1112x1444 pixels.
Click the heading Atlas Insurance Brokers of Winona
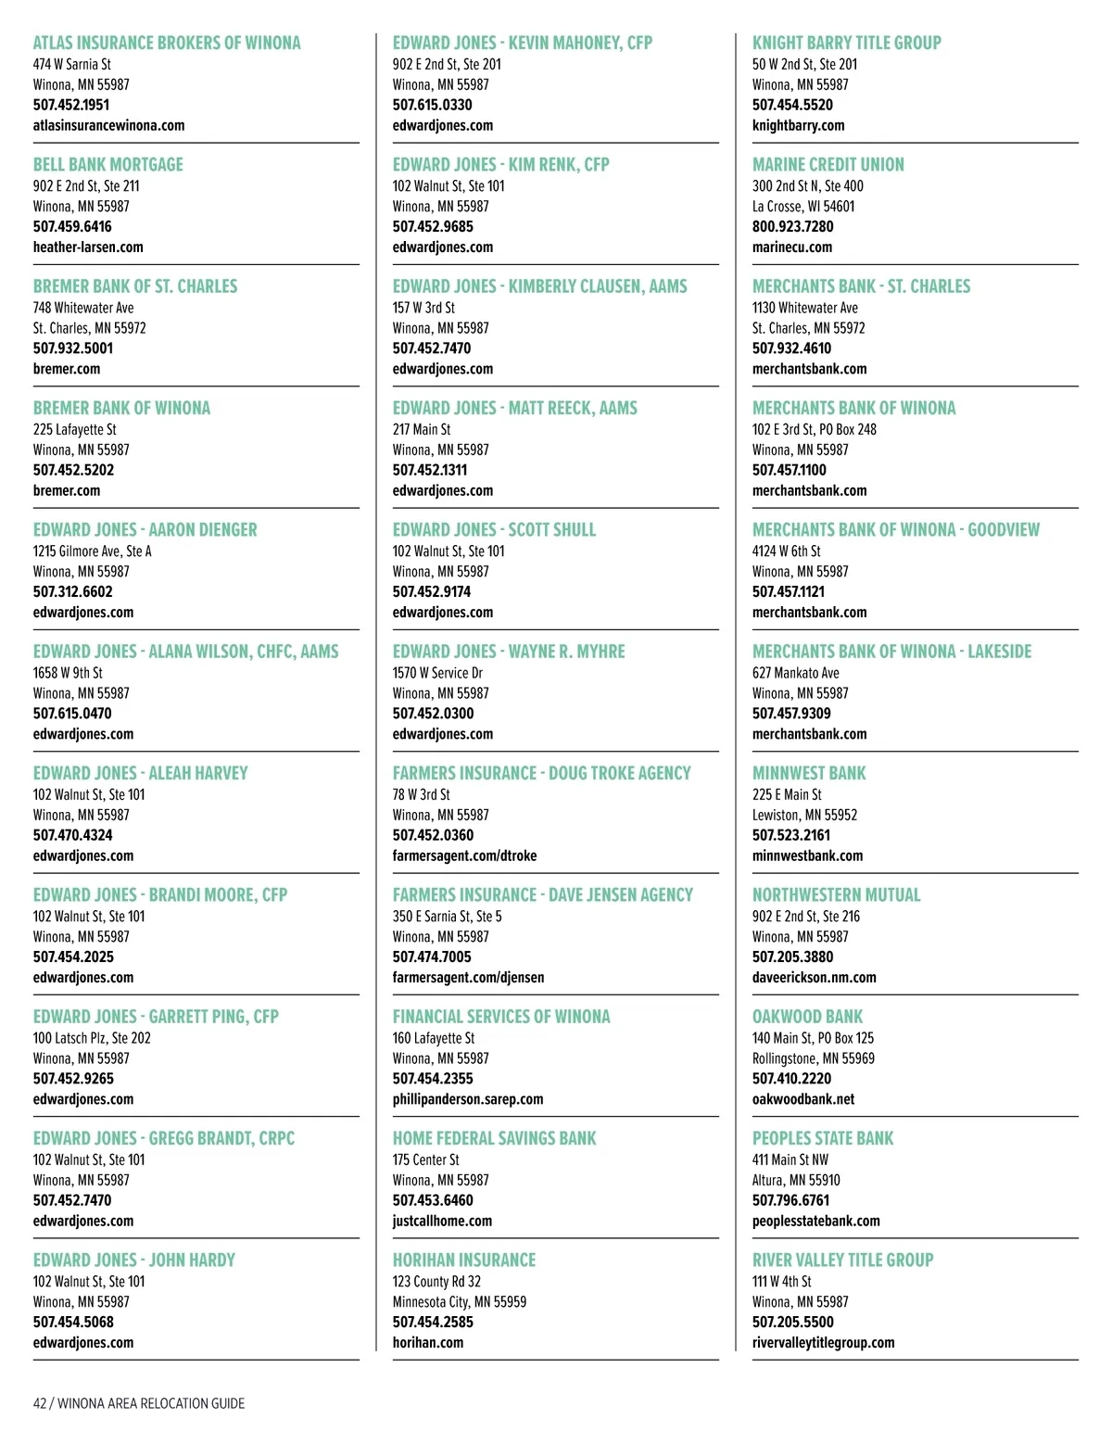tap(167, 43)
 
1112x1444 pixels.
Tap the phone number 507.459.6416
tap(72, 226)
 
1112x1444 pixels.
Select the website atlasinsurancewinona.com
tap(108, 125)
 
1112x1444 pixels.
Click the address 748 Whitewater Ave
tap(83, 308)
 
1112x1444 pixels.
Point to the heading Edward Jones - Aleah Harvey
tap(141, 773)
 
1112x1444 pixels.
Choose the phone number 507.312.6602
tap(72, 591)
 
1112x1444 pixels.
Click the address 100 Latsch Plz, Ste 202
tap(92, 1038)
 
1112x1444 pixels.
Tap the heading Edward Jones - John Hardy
tap(134, 1260)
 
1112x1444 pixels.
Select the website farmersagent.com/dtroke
tap(464, 855)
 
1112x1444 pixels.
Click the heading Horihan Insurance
tap(464, 1260)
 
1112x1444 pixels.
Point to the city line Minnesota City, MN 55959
tap(459, 1301)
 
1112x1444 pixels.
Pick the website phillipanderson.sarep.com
tap(468, 1099)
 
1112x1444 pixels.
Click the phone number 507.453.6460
tap(433, 1200)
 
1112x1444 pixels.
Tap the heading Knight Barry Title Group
tap(846, 43)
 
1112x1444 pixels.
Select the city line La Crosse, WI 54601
tap(803, 206)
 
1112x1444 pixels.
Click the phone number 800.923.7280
tap(792, 226)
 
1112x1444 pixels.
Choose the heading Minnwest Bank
tap(809, 773)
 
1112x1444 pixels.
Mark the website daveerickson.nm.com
tap(814, 977)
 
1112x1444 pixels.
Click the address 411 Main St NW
tap(790, 1159)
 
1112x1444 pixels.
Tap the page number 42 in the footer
tap(40, 1403)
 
